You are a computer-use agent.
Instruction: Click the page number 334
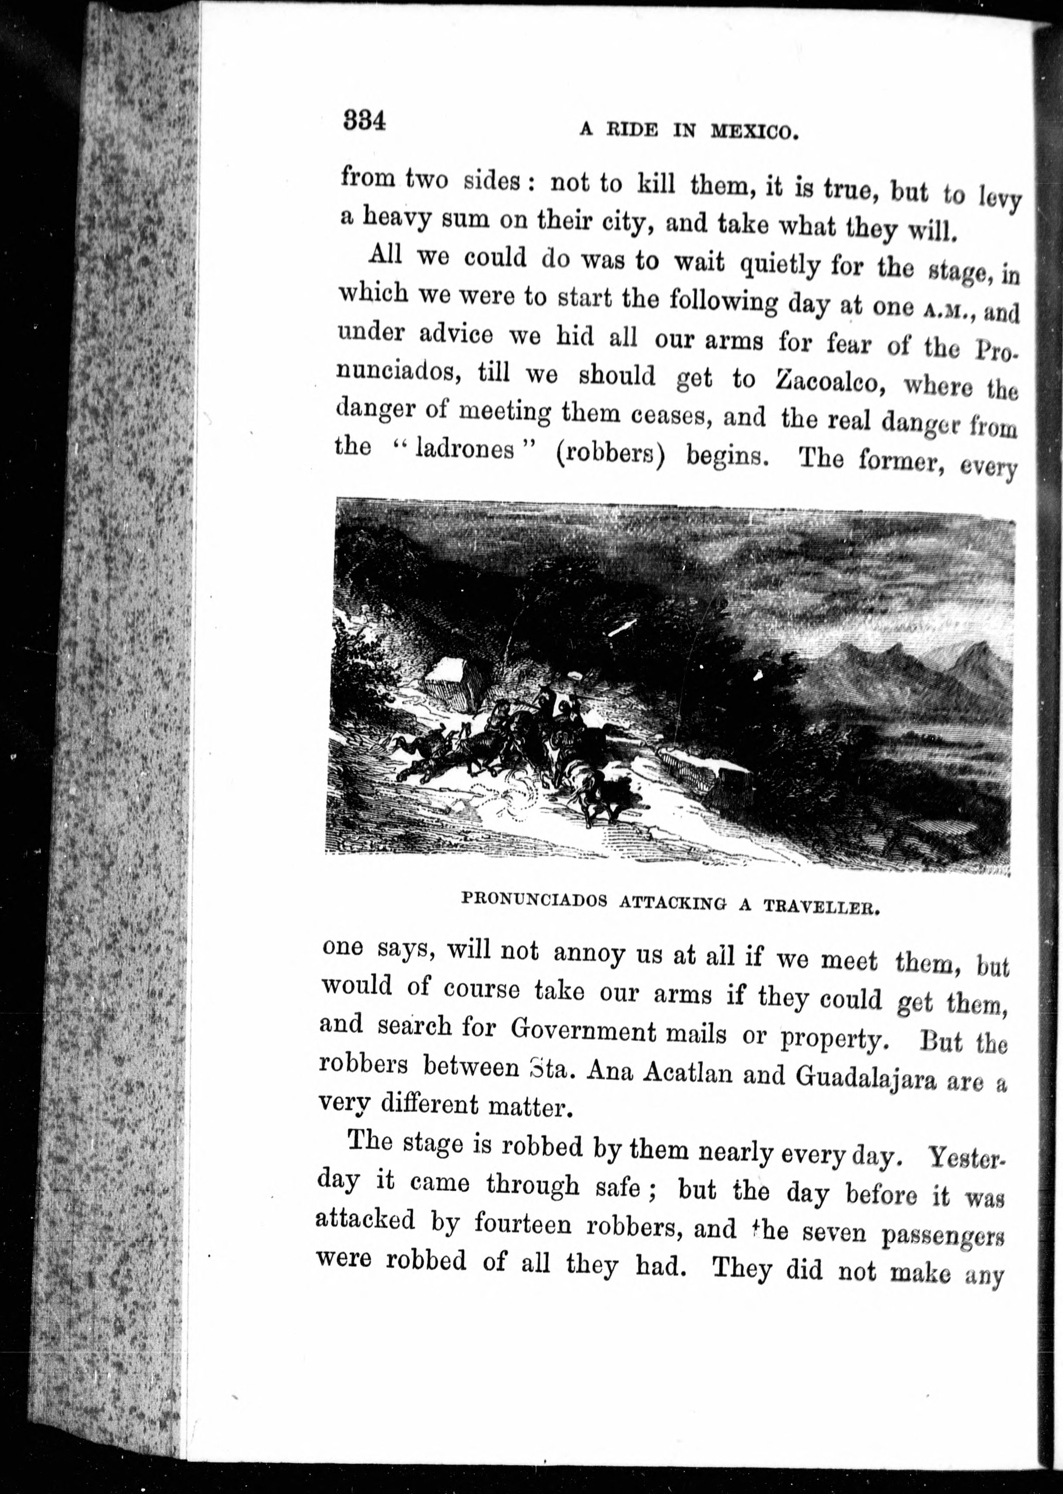point(365,121)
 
